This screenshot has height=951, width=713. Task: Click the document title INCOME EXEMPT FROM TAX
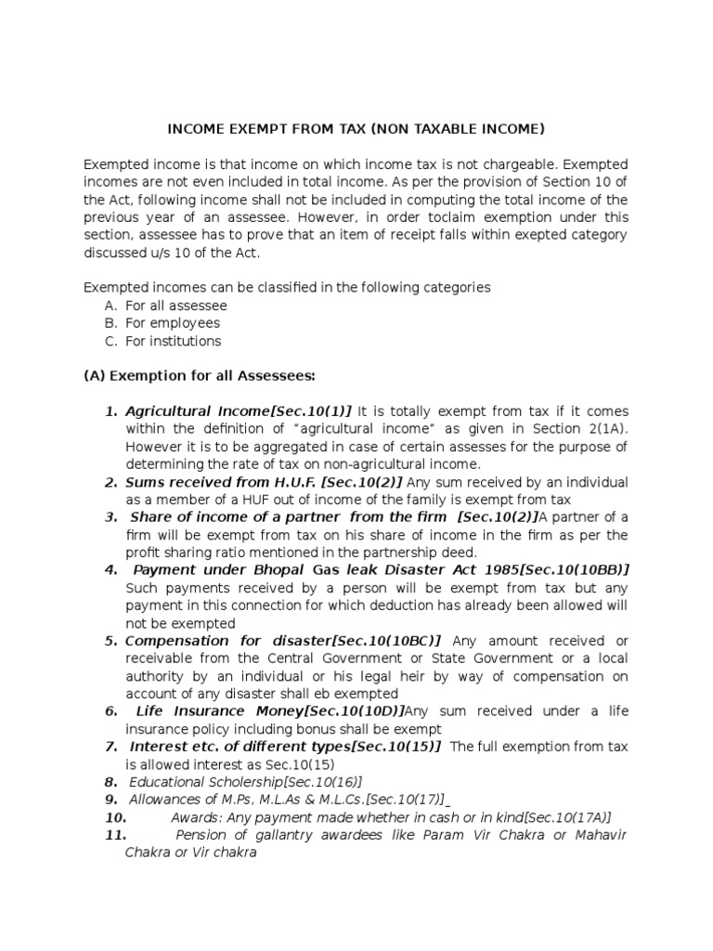(x=356, y=128)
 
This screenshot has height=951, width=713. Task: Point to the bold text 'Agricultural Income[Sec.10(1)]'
(x=240, y=411)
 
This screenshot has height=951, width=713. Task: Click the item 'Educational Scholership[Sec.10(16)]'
(x=245, y=782)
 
